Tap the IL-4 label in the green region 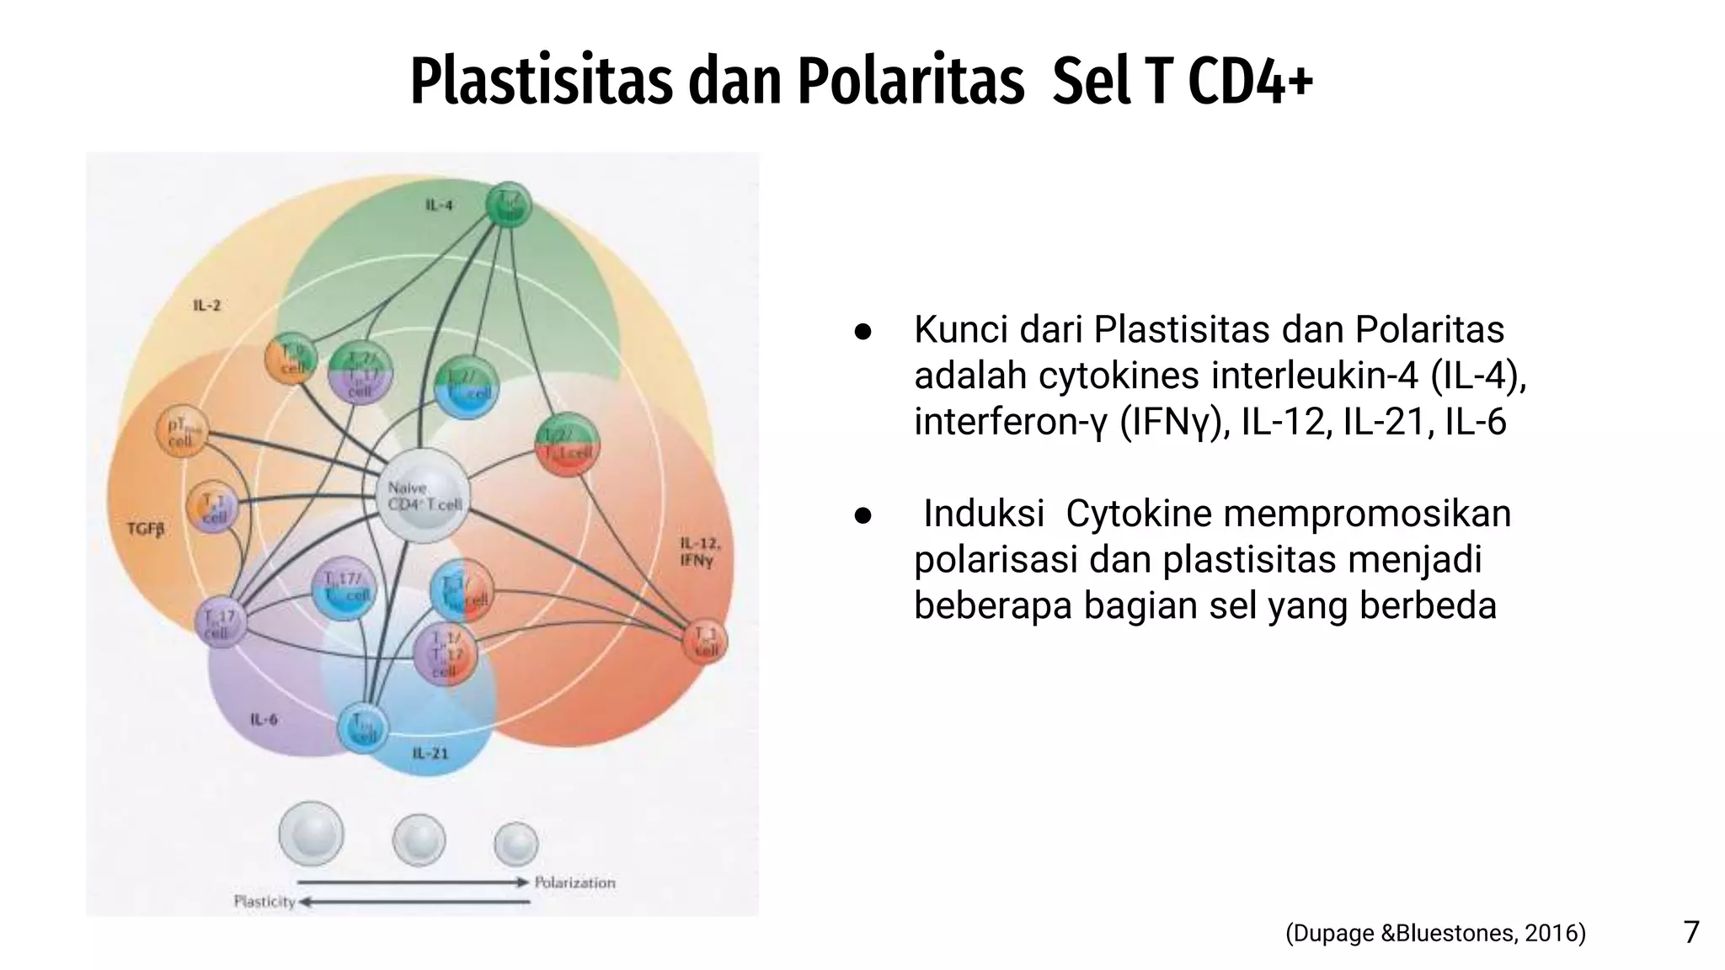439,205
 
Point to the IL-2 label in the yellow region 207,305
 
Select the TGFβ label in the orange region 146,529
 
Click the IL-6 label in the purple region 264,719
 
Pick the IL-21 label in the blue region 430,752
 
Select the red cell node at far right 705,642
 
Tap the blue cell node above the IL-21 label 363,727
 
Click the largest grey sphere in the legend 312,833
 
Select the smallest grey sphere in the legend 515,844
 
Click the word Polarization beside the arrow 574,882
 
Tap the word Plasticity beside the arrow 264,901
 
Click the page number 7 1690,932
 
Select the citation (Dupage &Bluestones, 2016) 1435,933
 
